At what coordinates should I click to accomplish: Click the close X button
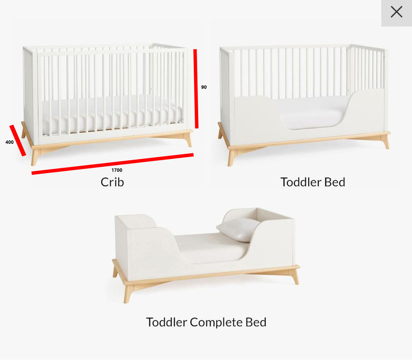pyautogui.click(x=396, y=12)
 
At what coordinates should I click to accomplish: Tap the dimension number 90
pyautogui.click(x=204, y=87)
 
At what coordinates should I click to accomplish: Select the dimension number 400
pyautogui.click(x=9, y=142)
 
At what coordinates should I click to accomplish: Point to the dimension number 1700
pyautogui.click(x=117, y=170)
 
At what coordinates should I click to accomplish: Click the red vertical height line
pyautogui.click(x=196, y=88)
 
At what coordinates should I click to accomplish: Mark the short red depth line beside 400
pyautogui.click(x=18, y=140)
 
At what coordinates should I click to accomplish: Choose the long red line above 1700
pyautogui.click(x=112, y=164)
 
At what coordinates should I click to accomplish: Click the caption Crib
pyautogui.click(x=112, y=182)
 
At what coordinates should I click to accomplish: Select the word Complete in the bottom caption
pyautogui.click(x=216, y=322)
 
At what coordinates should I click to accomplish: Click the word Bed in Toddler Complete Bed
pyautogui.click(x=256, y=322)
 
